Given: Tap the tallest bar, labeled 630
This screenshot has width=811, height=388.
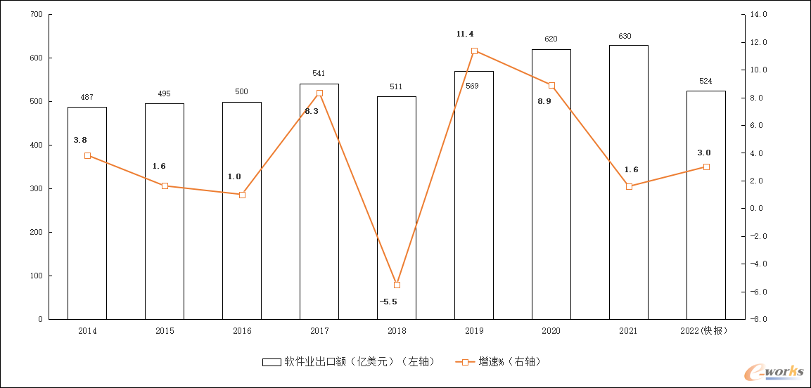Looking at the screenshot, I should click(629, 182).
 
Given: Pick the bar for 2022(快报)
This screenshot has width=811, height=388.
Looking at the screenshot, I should click(706, 205).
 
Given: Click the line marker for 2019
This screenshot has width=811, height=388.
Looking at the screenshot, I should click(474, 51).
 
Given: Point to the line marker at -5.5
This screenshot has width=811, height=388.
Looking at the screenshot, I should click(397, 285).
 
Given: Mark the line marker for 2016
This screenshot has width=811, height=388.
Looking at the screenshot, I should click(242, 195).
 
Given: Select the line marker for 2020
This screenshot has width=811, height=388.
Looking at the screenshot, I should click(551, 85).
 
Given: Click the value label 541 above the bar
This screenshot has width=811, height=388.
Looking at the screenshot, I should click(319, 73).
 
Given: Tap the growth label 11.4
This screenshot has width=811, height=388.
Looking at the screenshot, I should click(465, 34).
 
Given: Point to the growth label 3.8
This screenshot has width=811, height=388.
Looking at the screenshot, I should click(80, 140).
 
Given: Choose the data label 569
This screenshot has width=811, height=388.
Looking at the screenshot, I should click(472, 86).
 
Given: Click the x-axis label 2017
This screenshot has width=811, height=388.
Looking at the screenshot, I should click(319, 330).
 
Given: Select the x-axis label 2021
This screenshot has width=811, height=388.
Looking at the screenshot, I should click(628, 330).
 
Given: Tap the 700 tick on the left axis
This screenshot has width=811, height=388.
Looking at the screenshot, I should click(36, 15).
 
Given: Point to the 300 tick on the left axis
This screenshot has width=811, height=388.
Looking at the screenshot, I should click(36, 189).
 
